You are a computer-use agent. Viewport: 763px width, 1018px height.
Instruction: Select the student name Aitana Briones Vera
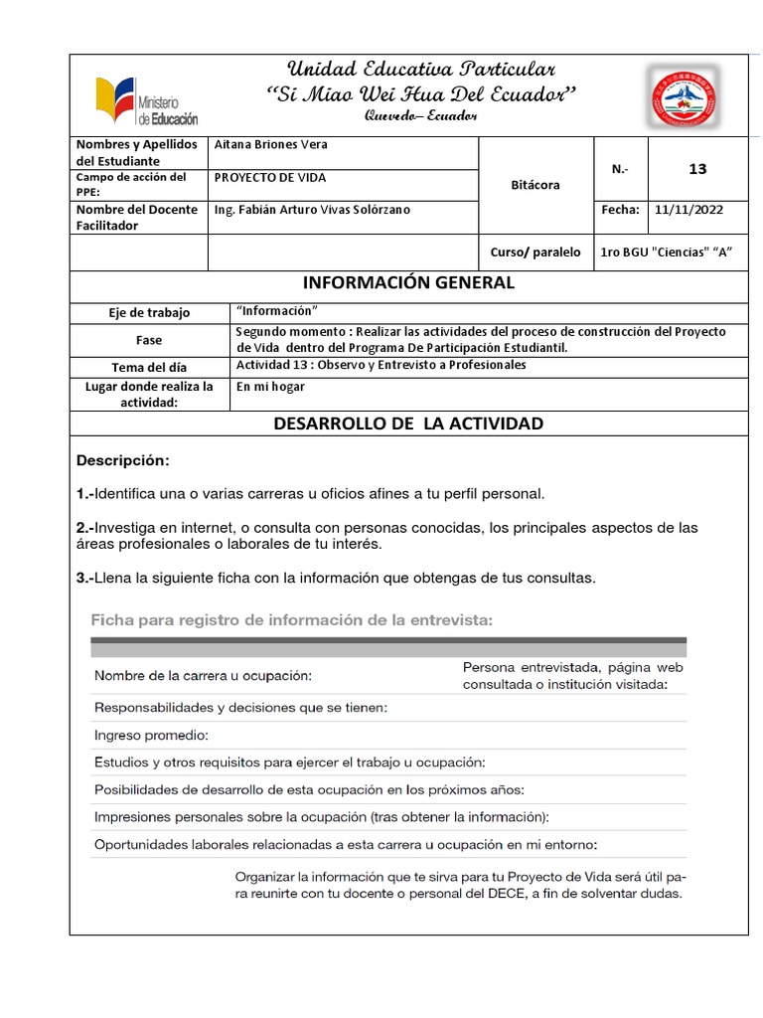270,145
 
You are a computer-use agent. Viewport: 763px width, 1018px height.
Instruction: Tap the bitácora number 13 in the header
697,169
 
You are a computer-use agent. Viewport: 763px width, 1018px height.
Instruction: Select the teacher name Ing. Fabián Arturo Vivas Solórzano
311,210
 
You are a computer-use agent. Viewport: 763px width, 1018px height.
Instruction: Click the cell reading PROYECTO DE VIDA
269,178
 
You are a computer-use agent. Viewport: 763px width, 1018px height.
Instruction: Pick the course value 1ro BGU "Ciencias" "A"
667,253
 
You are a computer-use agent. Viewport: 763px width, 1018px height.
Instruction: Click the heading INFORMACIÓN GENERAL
408,283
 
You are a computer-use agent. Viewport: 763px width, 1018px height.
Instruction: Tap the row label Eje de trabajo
149,313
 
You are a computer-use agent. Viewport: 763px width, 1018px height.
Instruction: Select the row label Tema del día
149,367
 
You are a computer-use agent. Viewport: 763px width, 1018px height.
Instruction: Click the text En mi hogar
270,387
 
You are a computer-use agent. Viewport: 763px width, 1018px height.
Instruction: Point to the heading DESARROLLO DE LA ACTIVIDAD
408,424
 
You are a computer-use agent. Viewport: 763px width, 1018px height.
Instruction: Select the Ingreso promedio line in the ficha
151,736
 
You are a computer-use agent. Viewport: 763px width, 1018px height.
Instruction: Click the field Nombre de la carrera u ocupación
203,676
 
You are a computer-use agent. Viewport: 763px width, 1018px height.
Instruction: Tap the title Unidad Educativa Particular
421,69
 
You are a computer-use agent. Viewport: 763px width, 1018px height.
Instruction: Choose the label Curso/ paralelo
535,253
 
